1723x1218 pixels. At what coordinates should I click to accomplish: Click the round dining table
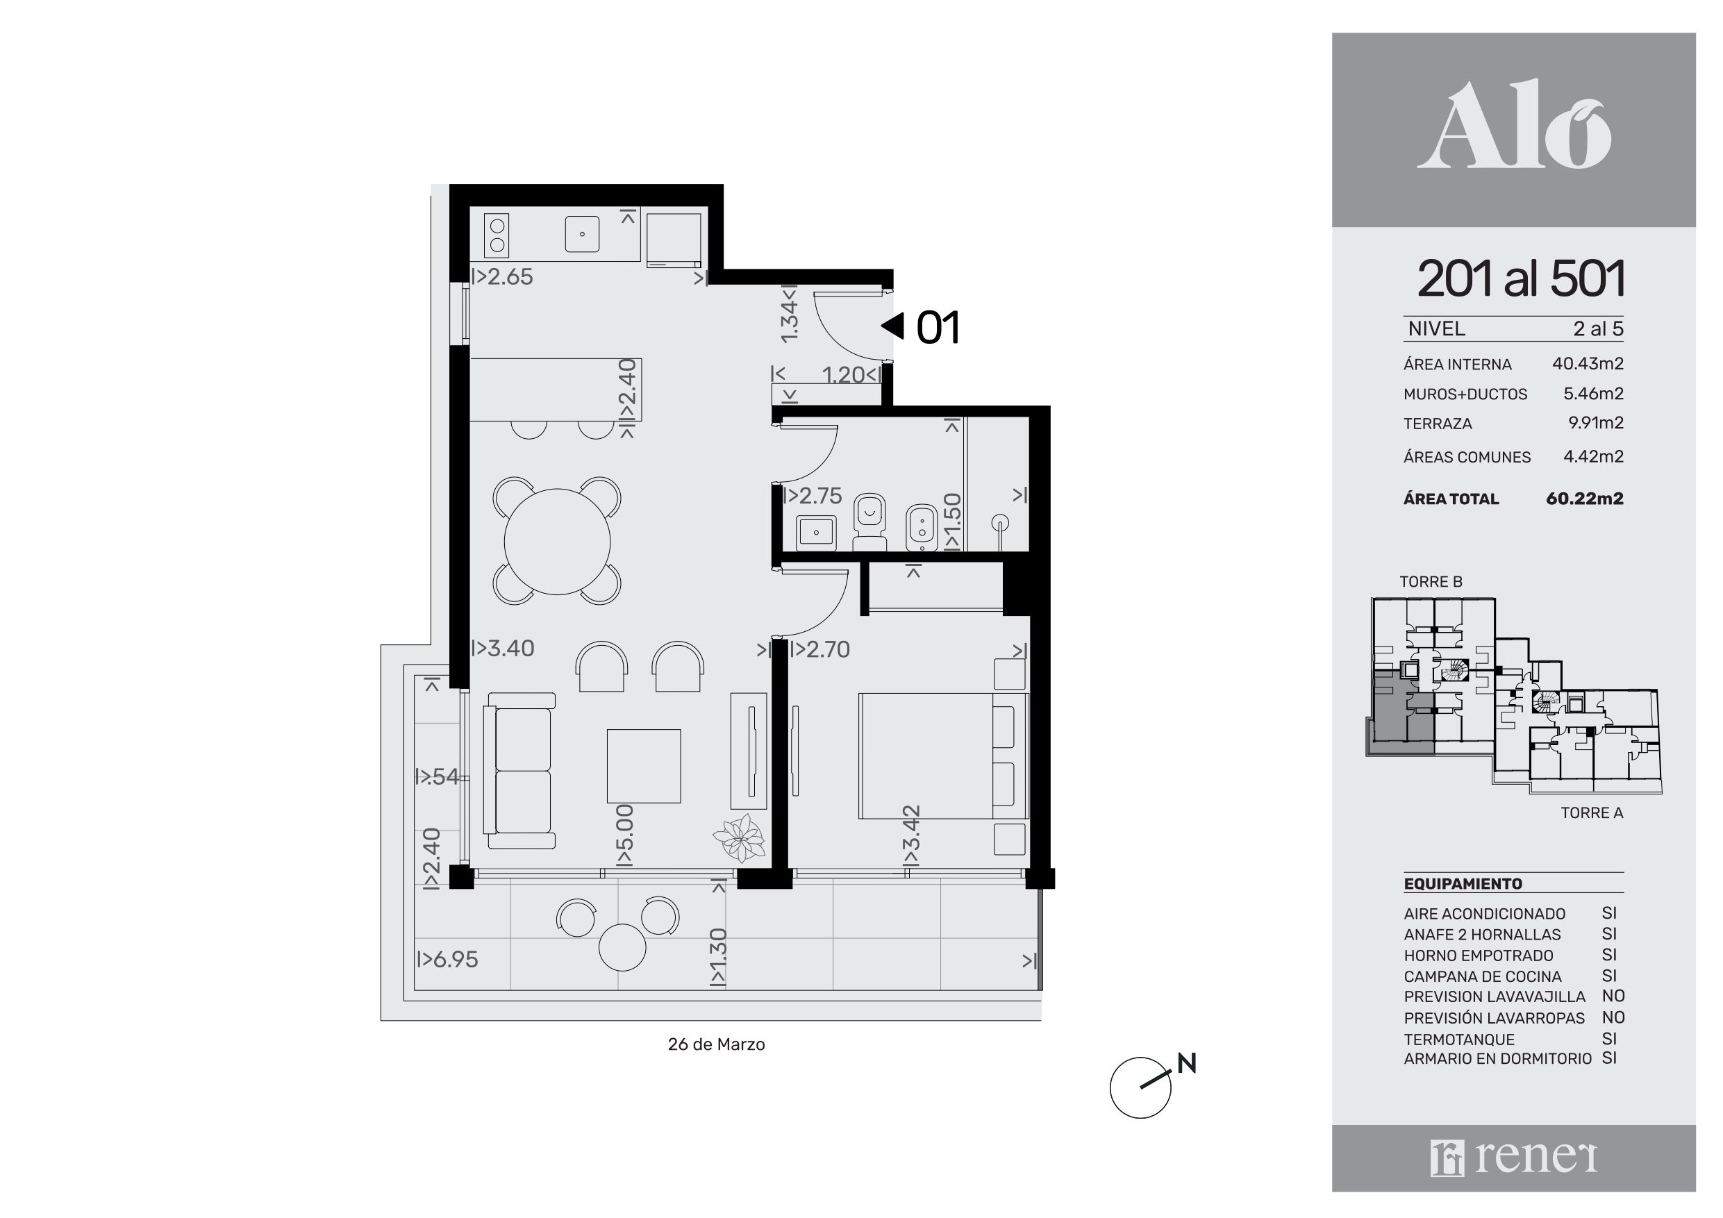pyautogui.click(x=557, y=541)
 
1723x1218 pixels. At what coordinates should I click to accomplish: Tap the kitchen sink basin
pyautogui.click(x=581, y=233)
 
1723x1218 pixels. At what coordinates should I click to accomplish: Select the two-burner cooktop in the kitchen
pyautogui.click(x=497, y=235)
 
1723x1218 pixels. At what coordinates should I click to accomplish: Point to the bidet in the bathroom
pyautogui.click(x=921, y=528)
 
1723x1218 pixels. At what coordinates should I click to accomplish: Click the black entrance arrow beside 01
pyautogui.click(x=892, y=326)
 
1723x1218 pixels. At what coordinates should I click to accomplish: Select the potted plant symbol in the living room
pyautogui.click(x=739, y=837)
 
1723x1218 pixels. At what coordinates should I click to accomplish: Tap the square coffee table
pyautogui.click(x=644, y=765)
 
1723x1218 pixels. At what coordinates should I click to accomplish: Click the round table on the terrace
pyautogui.click(x=622, y=948)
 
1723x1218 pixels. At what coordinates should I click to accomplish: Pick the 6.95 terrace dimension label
pyautogui.click(x=447, y=959)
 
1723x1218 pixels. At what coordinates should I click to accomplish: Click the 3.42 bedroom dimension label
pyautogui.click(x=910, y=835)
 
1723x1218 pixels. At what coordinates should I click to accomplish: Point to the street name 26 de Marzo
pyautogui.click(x=716, y=1044)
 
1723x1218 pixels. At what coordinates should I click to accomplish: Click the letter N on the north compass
pyautogui.click(x=1186, y=1062)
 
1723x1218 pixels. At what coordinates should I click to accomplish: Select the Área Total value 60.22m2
pyautogui.click(x=1584, y=499)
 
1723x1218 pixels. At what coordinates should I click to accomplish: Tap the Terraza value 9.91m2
pyautogui.click(x=1595, y=422)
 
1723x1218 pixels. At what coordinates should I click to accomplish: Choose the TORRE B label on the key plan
pyautogui.click(x=1431, y=582)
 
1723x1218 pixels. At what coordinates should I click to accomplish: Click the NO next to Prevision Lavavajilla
pyautogui.click(x=1613, y=996)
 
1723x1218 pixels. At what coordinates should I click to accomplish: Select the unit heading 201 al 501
pyautogui.click(x=1520, y=278)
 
